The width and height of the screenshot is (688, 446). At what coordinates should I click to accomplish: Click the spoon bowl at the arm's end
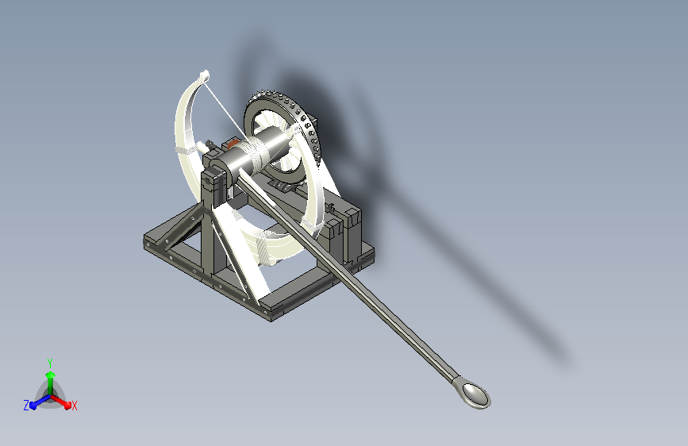click(476, 394)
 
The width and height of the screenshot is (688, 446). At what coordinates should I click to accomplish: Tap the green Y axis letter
click(50, 363)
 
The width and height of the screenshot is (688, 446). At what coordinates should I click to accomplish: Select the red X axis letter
click(74, 406)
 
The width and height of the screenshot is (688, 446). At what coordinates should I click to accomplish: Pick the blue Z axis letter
click(26, 406)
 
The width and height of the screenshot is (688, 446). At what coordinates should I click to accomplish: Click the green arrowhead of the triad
click(51, 375)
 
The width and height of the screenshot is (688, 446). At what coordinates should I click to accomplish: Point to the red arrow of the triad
click(61, 401)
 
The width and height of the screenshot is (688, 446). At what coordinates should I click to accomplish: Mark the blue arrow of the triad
click(40, 402)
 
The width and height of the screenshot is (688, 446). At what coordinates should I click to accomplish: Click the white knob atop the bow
click(205, 76)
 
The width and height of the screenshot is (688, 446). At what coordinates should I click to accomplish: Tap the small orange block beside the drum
click(233, 144)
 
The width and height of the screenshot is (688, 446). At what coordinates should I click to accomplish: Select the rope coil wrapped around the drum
click(256, 154)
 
